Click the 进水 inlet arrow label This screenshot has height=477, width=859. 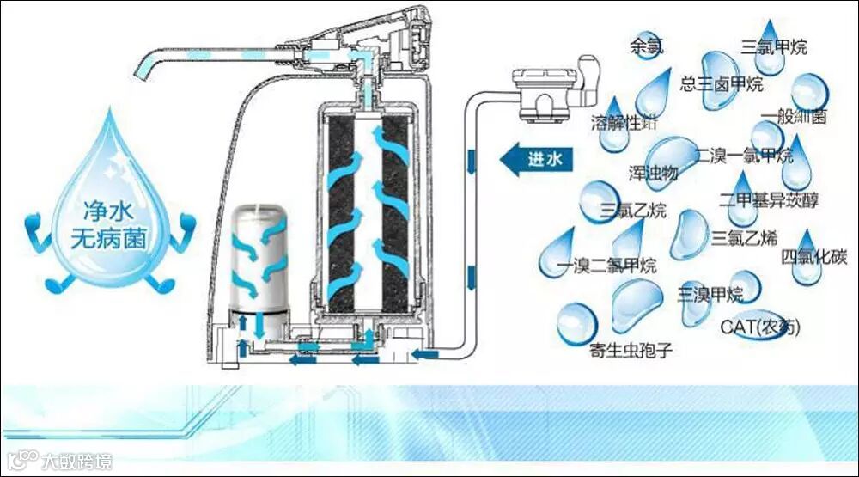[x=539, y=159]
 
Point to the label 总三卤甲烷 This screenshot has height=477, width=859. [x=722, y=84]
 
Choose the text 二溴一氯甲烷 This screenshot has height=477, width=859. [x=744, y=156]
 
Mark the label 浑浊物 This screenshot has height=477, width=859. [x=653, y=173]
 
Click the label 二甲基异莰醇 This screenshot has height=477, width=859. [x=769, y=199]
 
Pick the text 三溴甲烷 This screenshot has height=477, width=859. [x=710, y=295]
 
